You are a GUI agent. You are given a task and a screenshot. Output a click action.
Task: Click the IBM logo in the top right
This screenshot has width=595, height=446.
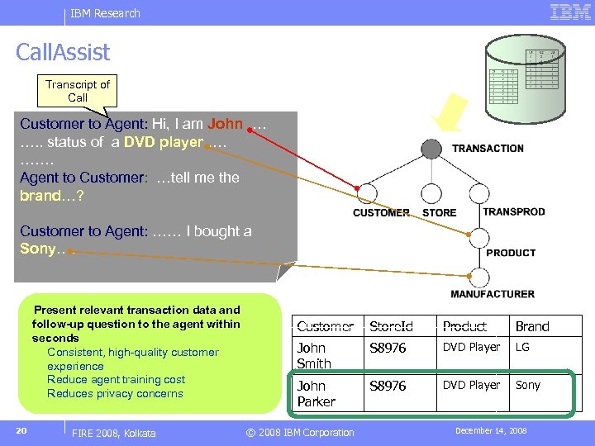click(570, 12)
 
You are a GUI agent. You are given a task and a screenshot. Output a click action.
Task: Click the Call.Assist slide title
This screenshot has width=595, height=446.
click(63, 53)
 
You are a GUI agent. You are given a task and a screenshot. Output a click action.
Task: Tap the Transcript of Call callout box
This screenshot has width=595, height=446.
click(78, 91)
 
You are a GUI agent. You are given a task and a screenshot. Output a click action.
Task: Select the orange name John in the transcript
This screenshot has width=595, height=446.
click(226, 124)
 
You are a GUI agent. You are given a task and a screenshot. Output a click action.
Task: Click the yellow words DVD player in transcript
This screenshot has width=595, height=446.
click(164, 142)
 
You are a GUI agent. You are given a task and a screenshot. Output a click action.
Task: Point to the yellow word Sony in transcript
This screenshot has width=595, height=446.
click(37, 249)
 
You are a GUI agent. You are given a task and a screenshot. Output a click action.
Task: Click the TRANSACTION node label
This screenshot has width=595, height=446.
click(488, 149)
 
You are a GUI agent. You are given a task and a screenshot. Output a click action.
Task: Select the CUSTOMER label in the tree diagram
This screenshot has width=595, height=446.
click(381, 212)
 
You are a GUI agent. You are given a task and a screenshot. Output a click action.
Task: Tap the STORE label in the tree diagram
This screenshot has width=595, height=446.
click(439, 212)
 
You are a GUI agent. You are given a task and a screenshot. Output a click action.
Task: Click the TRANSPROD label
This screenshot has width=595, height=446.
click(513, 211)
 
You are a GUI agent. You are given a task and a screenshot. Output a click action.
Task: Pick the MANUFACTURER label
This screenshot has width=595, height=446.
click(493, 294)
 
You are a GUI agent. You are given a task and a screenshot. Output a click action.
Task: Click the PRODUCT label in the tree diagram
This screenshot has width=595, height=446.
click(511, 253)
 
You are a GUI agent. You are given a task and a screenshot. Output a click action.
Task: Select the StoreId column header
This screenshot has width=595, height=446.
click(391, 326)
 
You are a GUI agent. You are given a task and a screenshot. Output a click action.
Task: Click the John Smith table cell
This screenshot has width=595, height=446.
click(314, 355)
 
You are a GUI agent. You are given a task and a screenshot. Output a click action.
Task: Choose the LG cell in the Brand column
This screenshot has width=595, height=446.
click(523, 348)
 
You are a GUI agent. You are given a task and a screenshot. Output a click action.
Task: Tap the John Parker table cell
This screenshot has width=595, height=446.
click(317, 393)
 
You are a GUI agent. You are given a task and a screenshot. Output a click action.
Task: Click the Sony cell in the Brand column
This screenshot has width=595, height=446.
click(528, 386)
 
